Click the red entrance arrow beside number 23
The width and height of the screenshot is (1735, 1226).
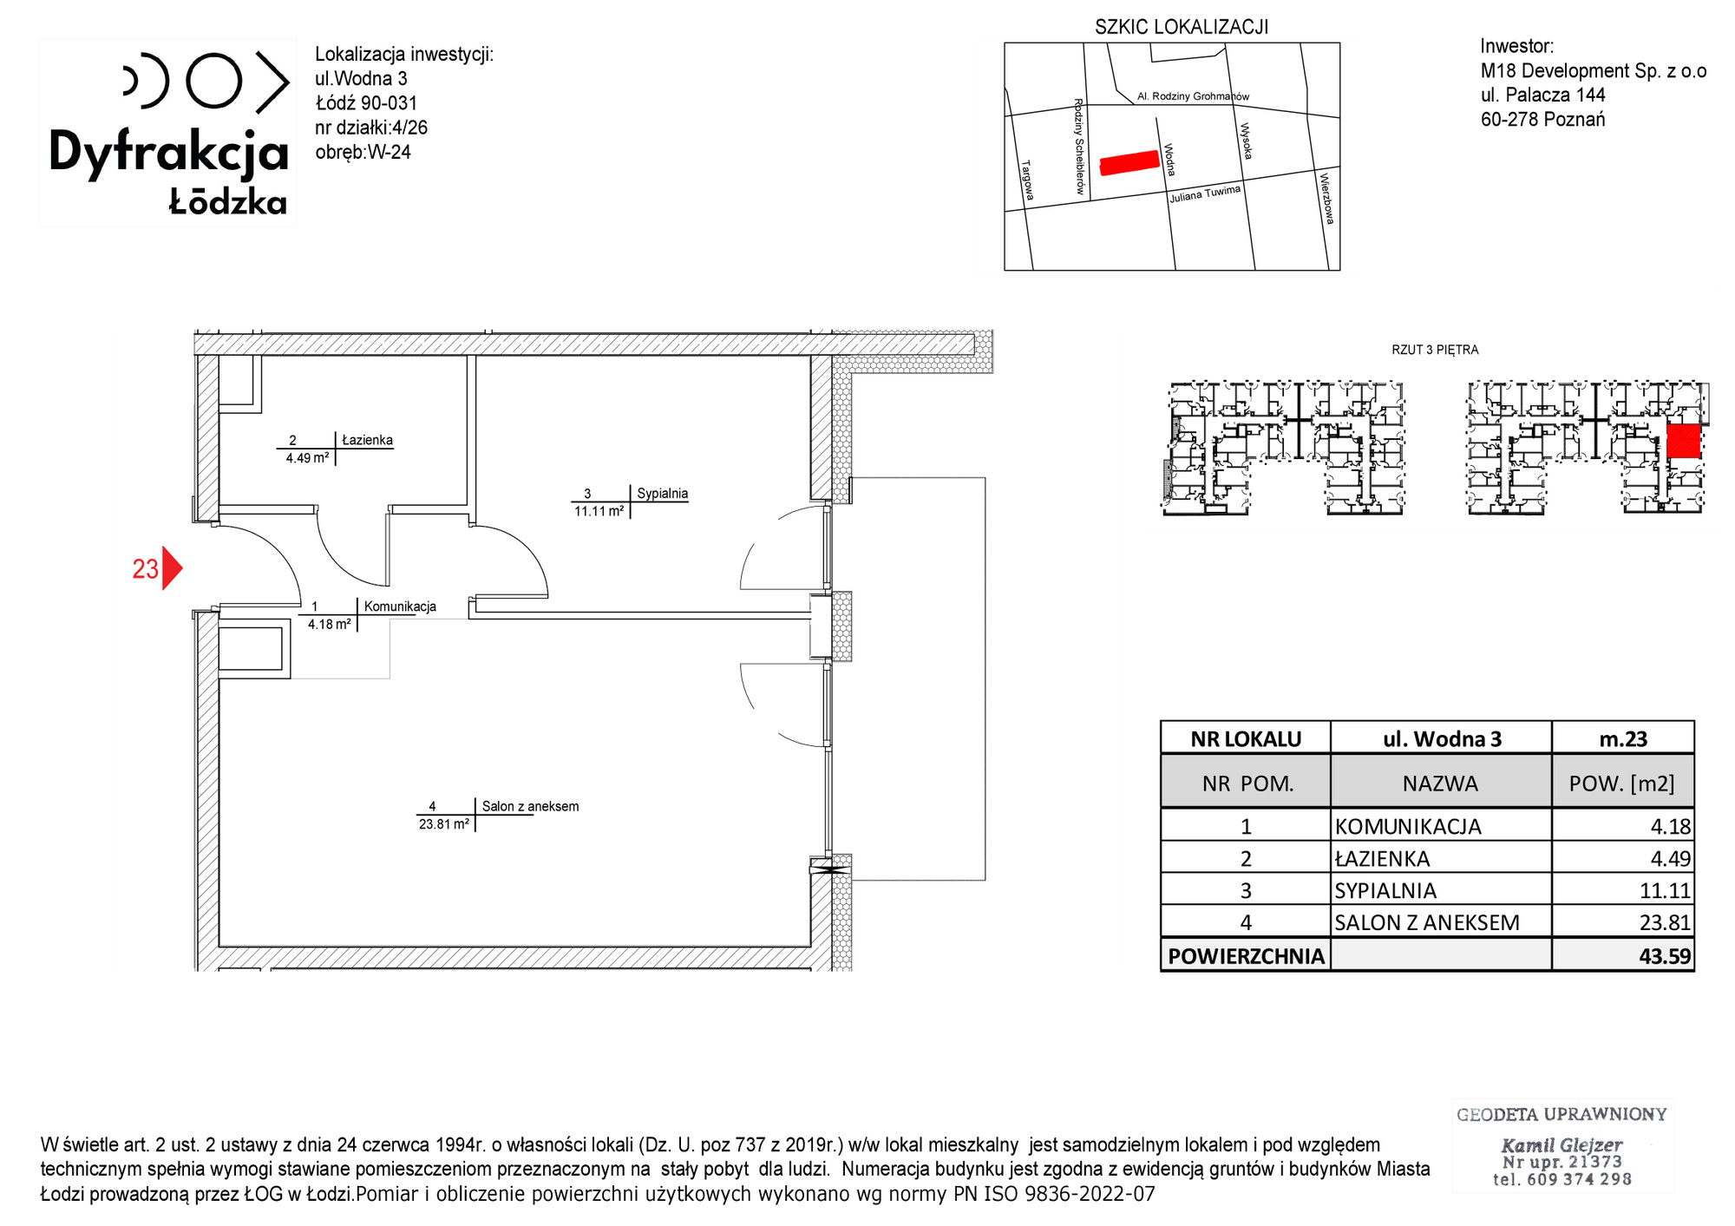(172, 568)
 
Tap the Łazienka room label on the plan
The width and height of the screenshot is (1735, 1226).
(367, 440)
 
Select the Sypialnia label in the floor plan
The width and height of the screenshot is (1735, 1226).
(662, 494)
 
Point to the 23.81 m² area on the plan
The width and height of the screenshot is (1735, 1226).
(444, 824)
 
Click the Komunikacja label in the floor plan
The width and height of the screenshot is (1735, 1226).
(400, 606)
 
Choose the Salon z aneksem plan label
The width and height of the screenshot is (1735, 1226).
(530, 806)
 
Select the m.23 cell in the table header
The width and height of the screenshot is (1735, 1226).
(1623, 739)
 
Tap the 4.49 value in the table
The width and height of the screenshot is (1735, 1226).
(1670, 859)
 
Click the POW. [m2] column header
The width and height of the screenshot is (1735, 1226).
(1621, 783)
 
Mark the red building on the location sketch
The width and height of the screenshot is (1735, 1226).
(1129, 163)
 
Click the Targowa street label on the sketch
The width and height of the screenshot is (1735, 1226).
(1027, 180)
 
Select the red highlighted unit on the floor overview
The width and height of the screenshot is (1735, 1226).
(1683, 441)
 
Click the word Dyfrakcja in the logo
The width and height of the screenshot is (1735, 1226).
(168, 153)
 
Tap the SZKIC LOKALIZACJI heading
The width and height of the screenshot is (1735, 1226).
(1182, 27)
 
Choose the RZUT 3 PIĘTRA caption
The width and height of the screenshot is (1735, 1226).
(1435, 350)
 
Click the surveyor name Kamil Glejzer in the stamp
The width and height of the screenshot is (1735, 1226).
(1561, 1144)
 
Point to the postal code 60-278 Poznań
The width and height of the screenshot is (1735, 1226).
(1542, 120)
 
